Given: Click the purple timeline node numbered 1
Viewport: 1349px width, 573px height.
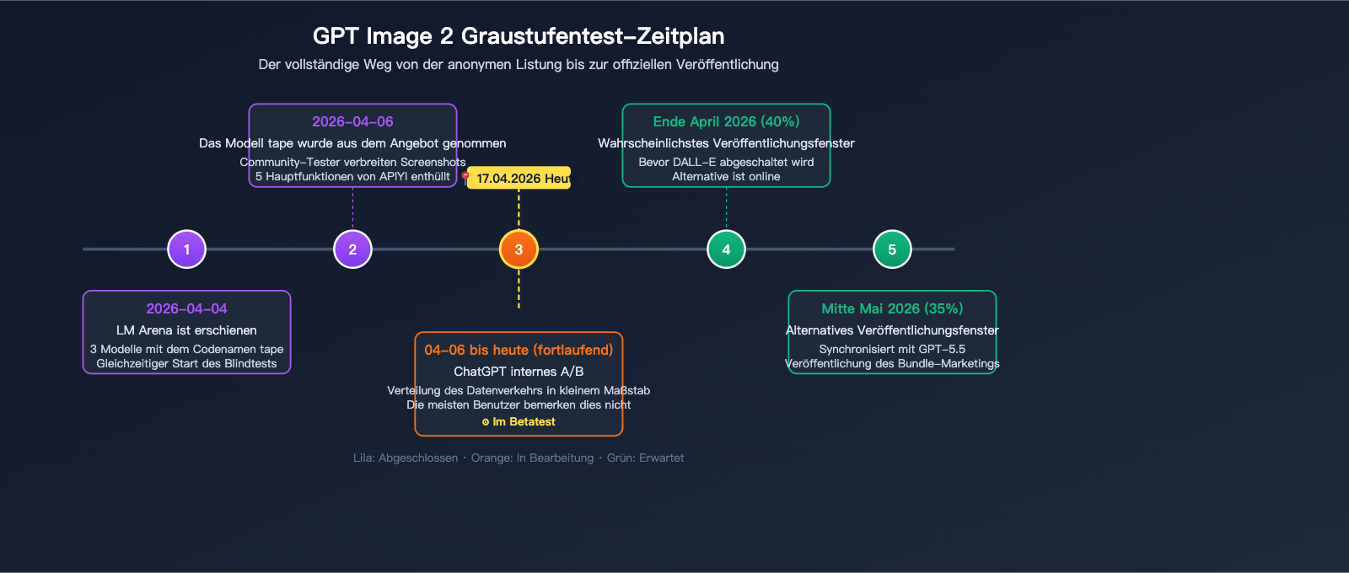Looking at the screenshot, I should (x=186, y=249).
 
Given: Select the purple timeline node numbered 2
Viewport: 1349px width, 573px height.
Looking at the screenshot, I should (x=352, y=249).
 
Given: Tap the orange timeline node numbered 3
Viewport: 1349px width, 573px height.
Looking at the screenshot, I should (x=519, y=249).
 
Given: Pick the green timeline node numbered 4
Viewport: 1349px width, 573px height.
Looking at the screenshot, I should (x=726, y=249).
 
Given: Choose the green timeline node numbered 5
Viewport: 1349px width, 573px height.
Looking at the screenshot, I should (x=892, y=249).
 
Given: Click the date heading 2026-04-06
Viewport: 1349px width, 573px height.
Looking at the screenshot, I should (x=352, y=121).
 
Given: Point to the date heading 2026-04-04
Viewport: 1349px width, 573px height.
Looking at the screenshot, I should (x=186, y=308).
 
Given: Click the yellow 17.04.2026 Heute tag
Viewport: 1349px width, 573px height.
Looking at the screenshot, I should (x=520, y=178).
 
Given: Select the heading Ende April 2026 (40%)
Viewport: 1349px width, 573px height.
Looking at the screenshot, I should (x=726, y=121).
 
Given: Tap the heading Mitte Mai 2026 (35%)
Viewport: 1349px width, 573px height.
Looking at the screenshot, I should (x=892, y=308).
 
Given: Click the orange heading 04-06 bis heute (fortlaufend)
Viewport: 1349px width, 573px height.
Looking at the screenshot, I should (x=519, y=350).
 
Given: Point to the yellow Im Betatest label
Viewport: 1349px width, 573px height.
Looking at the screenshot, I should (x=519, y=422).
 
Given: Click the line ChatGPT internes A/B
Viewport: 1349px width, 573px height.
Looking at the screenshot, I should (x=519, y=372).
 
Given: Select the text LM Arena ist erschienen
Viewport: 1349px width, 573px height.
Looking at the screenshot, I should (x=186, y=330).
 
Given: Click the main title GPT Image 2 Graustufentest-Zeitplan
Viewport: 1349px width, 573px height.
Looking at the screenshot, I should (x=519, y=36).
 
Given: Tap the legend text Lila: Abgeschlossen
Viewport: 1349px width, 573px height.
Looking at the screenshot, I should (x=406, y=458).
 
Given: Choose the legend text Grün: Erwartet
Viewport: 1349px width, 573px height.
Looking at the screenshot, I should (x=645, y=458).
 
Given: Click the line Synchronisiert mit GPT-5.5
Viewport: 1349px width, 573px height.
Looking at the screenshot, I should (x=892, y=349).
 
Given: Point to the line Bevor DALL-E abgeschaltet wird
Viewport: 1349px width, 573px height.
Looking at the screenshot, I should (x=726, y=162).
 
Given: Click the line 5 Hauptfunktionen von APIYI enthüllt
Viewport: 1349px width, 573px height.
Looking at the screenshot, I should (x=352, y=176).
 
